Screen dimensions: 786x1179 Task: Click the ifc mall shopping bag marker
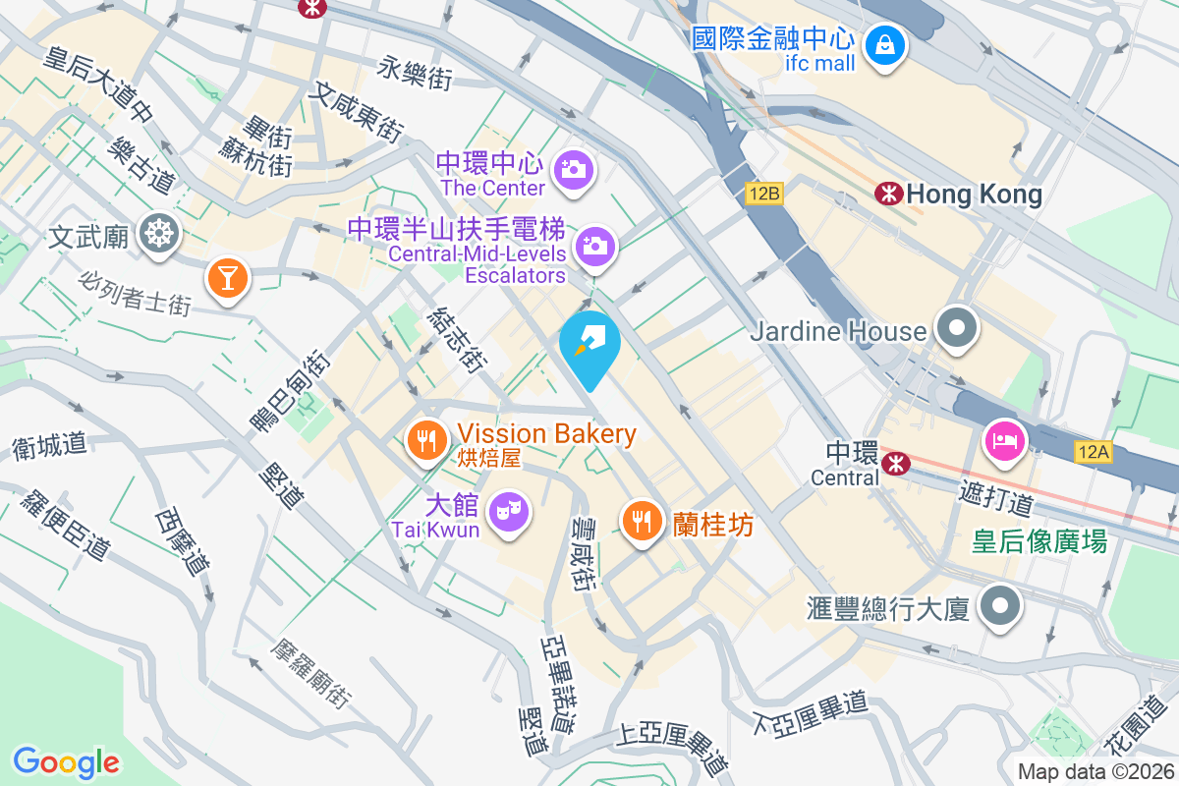885,45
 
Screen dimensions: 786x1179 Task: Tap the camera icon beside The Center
573,170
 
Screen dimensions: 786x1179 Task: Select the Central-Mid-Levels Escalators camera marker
594,246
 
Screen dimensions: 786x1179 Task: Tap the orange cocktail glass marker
228,279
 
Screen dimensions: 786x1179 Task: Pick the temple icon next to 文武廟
158,234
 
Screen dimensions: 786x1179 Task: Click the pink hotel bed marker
1003,438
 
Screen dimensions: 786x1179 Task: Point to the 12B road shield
763,194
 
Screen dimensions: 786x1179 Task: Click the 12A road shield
1093,452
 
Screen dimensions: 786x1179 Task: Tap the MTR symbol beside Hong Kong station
888,195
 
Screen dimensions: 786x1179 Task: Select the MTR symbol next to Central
895,463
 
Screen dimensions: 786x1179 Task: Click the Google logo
66,762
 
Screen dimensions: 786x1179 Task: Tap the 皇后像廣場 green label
1039,541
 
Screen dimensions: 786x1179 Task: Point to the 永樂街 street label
416,72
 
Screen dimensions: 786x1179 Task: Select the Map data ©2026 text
1095,772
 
